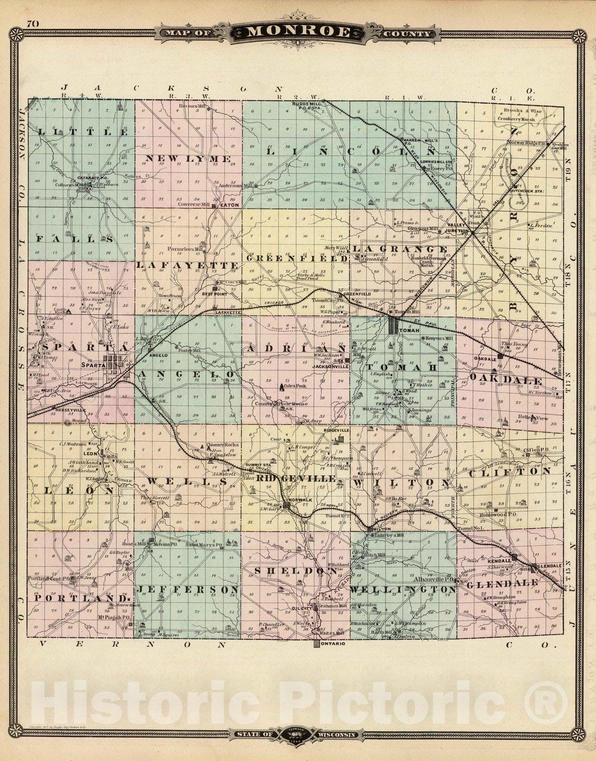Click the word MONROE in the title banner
click(x=298, y=32)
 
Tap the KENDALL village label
click(x=499, y=561)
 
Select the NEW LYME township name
click(x=188, y=159)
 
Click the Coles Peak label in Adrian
click(x=298, y=386)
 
